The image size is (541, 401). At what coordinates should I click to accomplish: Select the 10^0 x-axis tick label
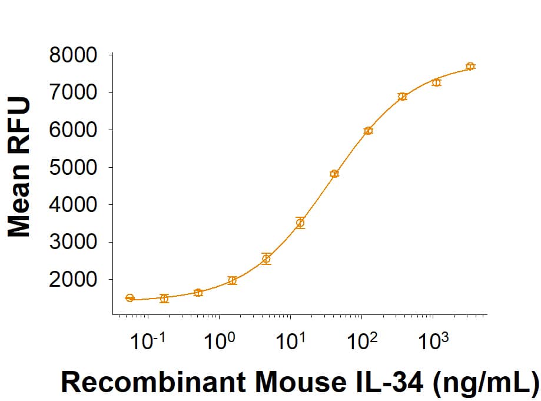pos(219,342)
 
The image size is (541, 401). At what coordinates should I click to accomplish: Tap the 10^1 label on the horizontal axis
pos(290,342)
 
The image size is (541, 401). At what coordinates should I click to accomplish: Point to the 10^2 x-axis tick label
pos(361,342)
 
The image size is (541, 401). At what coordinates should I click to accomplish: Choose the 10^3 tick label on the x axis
pos(433,342)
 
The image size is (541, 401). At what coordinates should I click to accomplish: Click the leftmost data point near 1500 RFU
pos(130,298)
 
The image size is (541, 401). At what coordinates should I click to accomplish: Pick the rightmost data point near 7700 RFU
pos(470,67)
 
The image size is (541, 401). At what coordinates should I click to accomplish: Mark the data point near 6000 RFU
pos(368,131)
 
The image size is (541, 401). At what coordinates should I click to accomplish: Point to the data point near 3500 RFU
pos(300,223)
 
